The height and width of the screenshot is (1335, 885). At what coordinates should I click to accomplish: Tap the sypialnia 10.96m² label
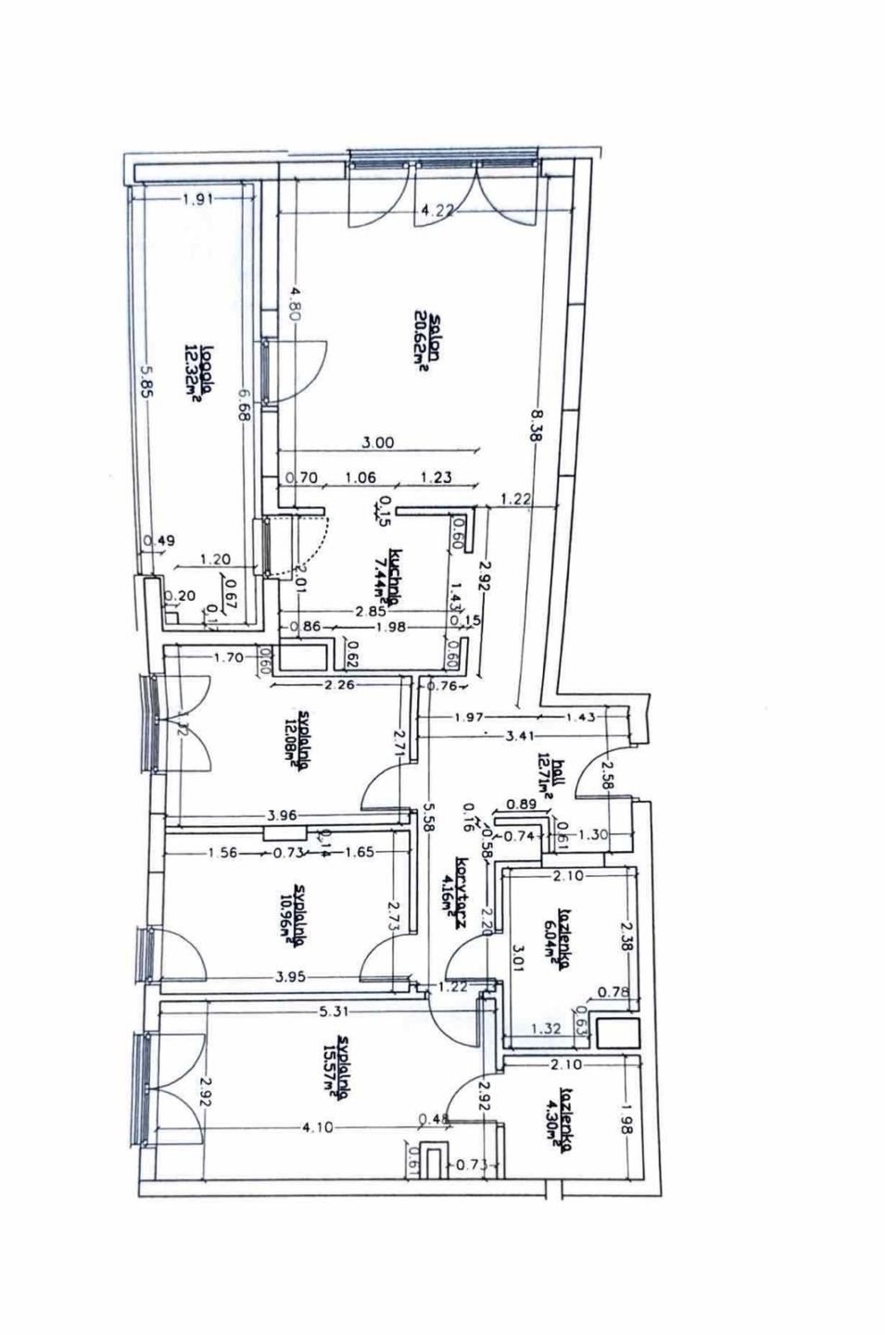(298, 915)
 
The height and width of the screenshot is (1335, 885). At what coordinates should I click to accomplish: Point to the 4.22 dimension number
(436, 210)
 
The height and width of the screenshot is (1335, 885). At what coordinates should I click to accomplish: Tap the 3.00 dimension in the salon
(378, 443)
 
